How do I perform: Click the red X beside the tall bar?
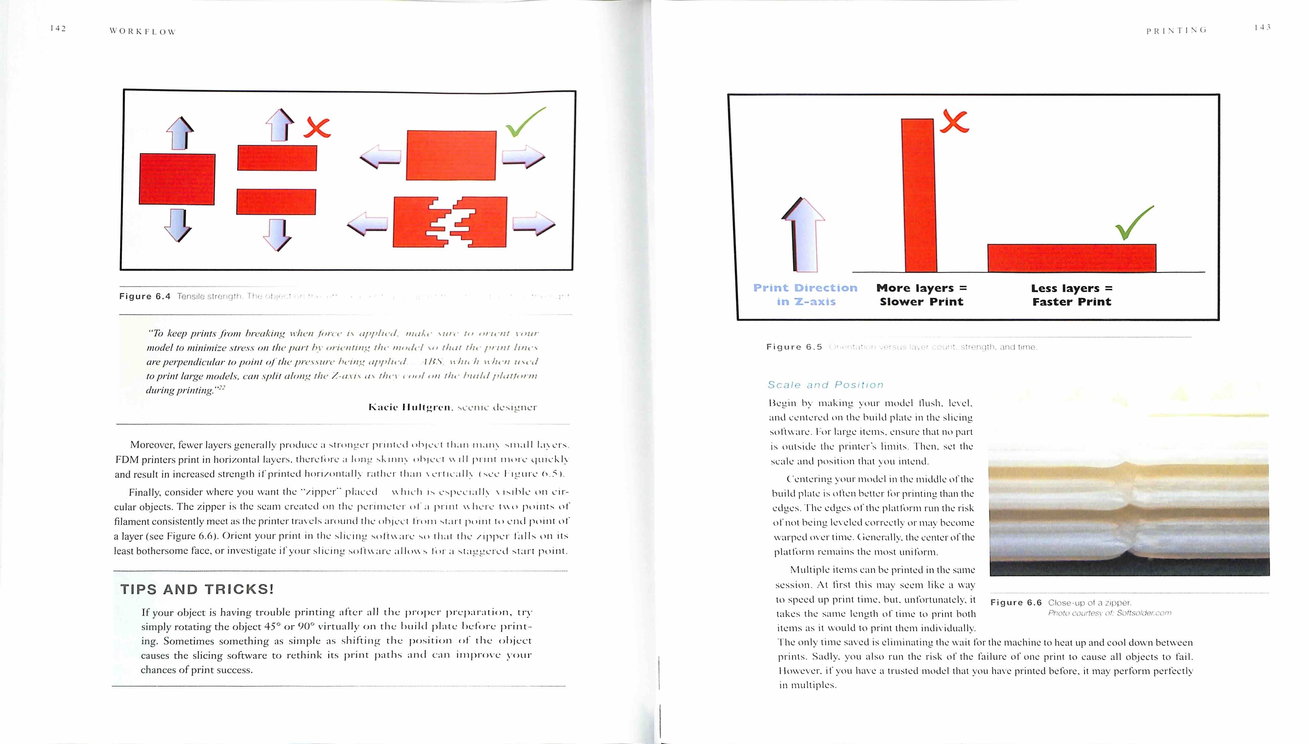[954, 122]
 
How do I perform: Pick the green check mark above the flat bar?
[1134, 223]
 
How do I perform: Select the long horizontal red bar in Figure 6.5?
[1071, 258]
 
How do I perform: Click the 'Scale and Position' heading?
[825, 385]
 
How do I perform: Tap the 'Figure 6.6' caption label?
[1015, 603]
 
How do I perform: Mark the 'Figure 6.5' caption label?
[794, 347]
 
